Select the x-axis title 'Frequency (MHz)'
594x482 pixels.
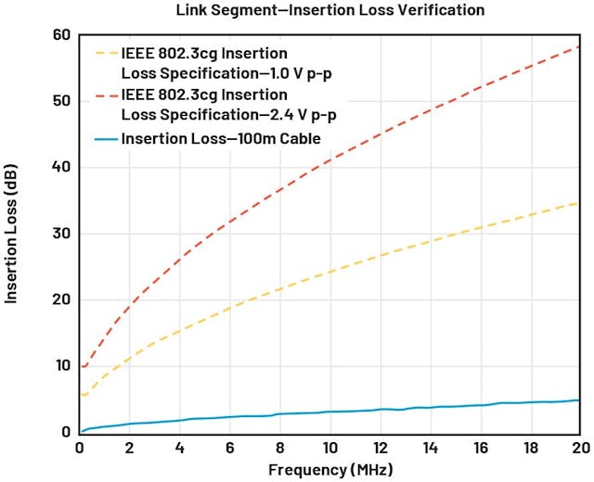(329, 470)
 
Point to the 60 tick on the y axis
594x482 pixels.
(62, 35)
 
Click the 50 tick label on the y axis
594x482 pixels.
(62, 101)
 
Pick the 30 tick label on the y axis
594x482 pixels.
(62, 234)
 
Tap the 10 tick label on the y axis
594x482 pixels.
(62, 365)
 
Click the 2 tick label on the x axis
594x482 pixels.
(130, 447)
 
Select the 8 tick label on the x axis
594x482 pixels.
(279, 447)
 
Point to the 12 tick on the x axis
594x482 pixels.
(380, 447)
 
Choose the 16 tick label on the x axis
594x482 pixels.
(480, 447)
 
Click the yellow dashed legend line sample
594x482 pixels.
(105, 53)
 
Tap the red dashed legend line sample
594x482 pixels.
(105, 95)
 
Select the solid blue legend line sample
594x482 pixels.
(105, 139)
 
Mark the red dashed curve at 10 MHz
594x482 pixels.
(329, 159)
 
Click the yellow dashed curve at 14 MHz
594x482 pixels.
(430, 241)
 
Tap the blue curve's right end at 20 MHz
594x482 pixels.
(578, 400)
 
